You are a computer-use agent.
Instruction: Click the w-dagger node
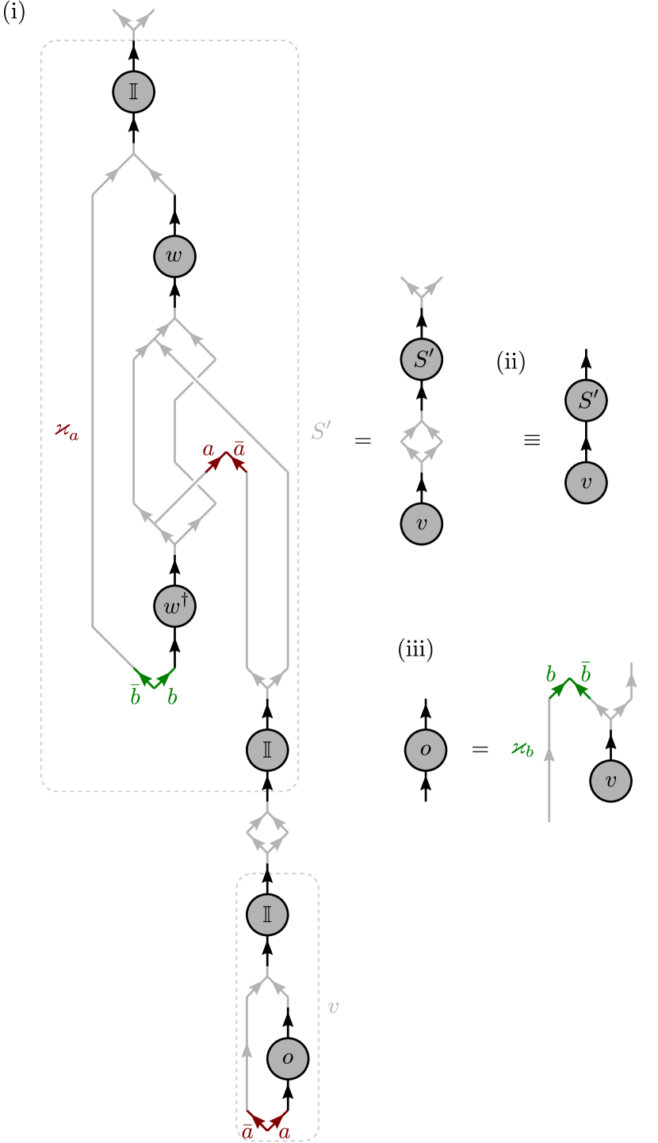[x=174, y=606]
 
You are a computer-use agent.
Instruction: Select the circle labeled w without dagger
[x=174, y=256]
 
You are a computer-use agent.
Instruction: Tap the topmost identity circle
[x=133, y=91]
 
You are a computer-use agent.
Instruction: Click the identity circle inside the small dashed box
[x=267, y=914]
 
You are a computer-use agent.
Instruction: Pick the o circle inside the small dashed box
[x=288, y=1058]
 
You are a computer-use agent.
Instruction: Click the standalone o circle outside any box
[x=426, y=750]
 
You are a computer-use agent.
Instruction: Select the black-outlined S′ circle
[x=586, y=400]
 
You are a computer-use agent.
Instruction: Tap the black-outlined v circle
[x=586, y=483]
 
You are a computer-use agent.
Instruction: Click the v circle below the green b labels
[x=610, y=781]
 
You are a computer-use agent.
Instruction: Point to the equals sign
[x=362, y=441]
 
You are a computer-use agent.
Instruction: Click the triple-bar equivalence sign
[x=532, y=440]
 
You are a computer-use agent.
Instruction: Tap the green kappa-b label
[x=522, y=748]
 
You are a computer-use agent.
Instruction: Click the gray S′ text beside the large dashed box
[x=320, y=431]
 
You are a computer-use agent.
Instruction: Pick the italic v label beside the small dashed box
[x=333, y=1007]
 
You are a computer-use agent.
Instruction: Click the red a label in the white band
[x=208, y=449]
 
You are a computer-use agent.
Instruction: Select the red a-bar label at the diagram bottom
[x=247, y=1132]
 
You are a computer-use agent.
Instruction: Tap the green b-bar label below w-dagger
[x=135, y=696]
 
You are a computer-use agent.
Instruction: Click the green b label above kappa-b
[x=551, y=675]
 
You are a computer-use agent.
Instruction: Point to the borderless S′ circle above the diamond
[x=421, y=359]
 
